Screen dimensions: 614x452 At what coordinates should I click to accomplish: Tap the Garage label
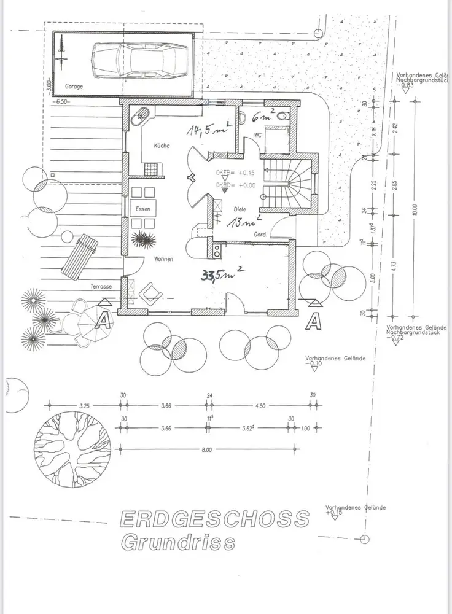(73, 87)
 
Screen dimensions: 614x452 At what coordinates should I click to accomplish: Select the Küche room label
(162, 145)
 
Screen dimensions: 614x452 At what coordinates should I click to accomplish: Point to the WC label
(258, 136)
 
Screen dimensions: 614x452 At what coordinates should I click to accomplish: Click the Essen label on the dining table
(144, 209)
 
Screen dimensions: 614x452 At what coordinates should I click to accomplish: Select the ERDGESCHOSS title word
(213, 518)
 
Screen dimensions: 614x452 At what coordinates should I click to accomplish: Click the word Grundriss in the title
(177, 543)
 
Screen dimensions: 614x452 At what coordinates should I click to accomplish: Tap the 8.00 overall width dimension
(206, 451)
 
